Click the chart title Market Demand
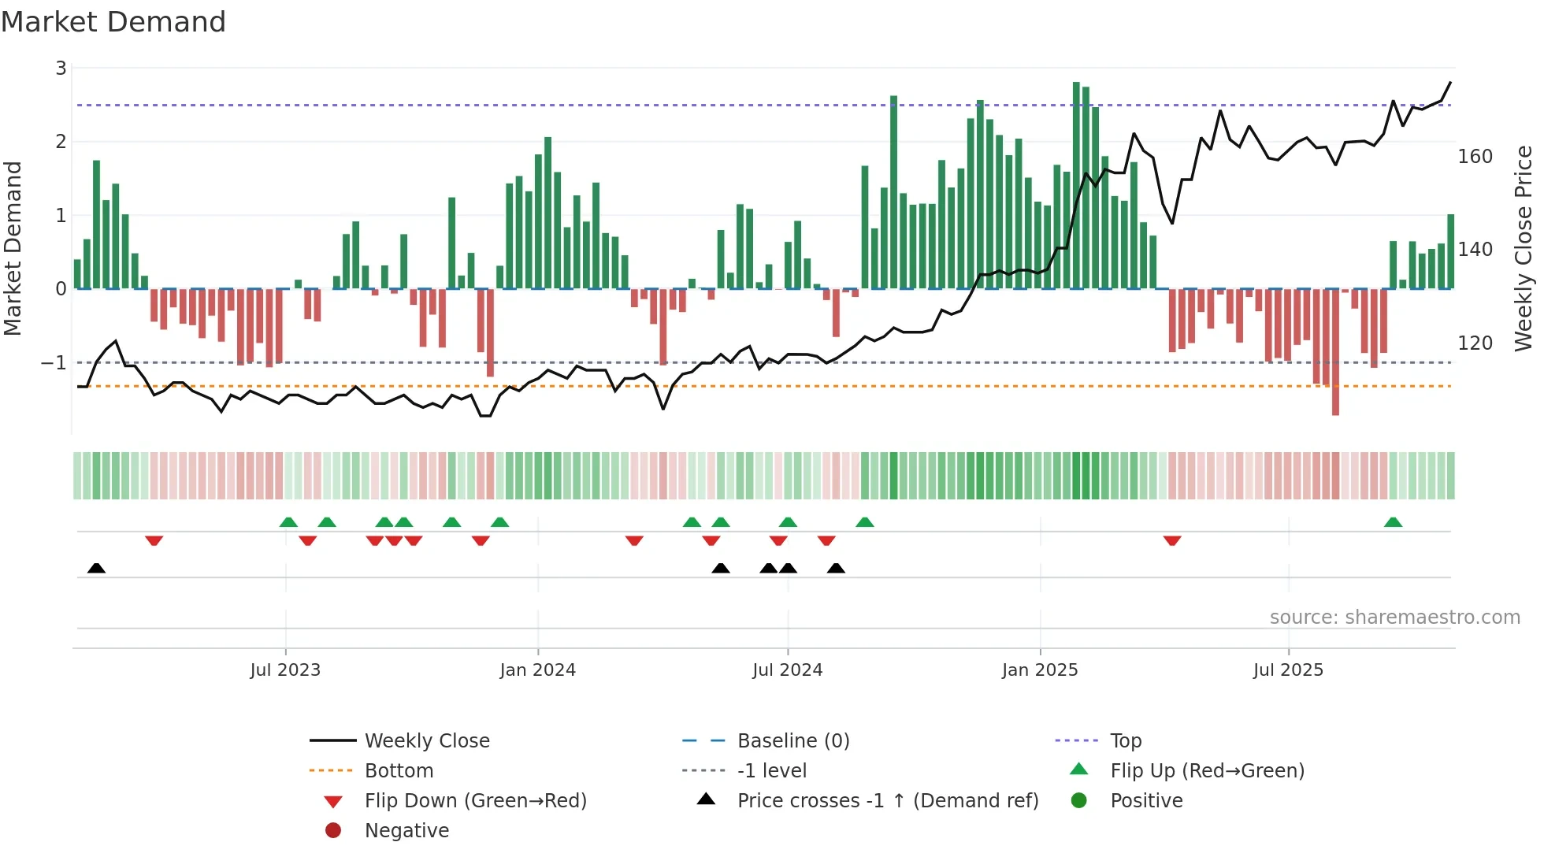113,22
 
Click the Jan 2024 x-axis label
537,670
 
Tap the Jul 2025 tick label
1288,670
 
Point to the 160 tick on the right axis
1475,157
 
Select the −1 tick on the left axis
54,363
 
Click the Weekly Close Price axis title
1524,248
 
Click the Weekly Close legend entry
426,741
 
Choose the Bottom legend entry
399,771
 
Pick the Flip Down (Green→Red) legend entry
475,801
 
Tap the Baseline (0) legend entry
792,741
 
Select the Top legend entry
1126,741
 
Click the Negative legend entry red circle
333,831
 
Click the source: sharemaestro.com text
1394,618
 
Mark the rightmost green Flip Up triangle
1393,522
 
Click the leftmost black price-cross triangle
96,568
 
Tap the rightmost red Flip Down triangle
1172,540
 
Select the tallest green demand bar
1076,185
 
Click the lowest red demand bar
1335,352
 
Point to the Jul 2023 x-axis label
285,670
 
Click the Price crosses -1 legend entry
887,801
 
